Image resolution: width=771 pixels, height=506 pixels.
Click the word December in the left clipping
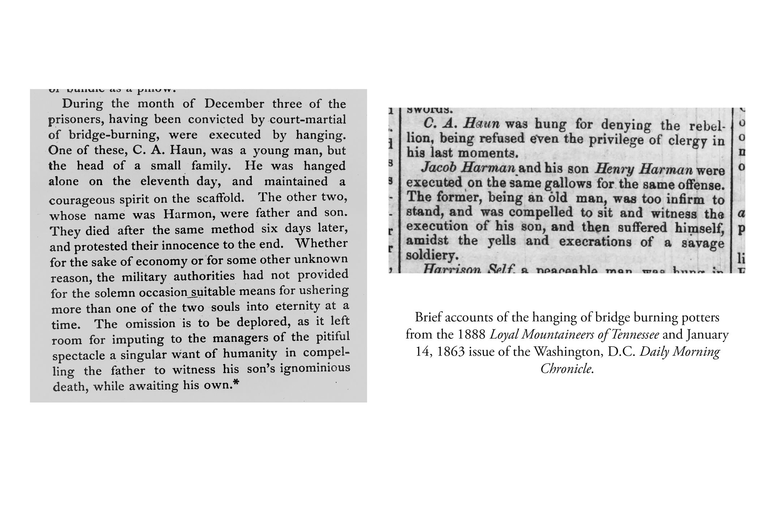(234, 104)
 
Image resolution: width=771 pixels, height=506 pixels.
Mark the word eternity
(298, 306)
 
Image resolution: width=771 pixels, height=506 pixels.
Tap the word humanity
(250, 353)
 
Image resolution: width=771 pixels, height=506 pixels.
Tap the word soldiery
(432, 256)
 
